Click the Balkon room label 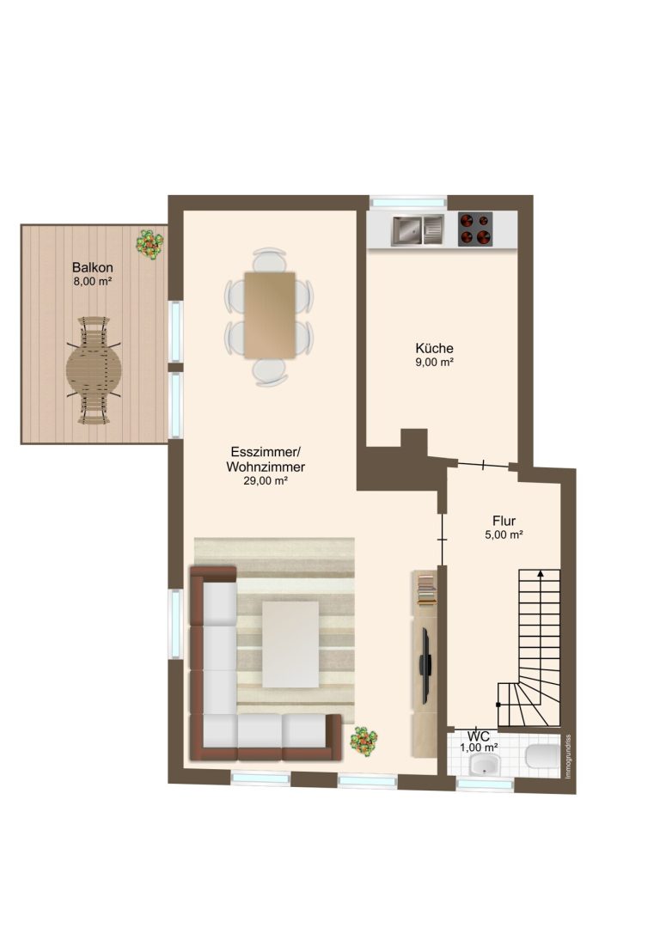click(x=92, y=267)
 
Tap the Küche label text click(x=434, y=348)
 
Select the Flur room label click(x=504, y=522)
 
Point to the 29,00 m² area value click(x=266, y=481)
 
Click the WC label click(x=479, y=736)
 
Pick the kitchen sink click(x=418, y=229)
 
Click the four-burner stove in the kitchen click(x=475, y=229)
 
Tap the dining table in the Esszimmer click(x=270, y=315)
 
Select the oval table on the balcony click(x=94, y=370)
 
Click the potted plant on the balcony click(x=149, y=244)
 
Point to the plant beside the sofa click(x=364, y=741)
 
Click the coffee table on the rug click(x=290, y=644)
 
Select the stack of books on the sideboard click(x=426, y=589)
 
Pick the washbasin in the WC click(x=486, y=764)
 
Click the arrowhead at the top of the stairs click(x=541, y=574)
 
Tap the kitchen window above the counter click(x=408, y=203)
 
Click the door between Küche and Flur click(x=482, y=465)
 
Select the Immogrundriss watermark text click(x=568, y=755)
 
